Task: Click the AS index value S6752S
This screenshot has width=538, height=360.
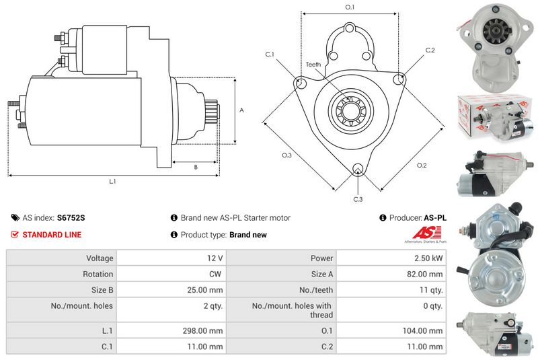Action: [x=71, y=217]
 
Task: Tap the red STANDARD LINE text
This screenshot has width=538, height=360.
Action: [x=52, y=235]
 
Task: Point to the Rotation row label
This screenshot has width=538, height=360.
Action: [x=98, y=274]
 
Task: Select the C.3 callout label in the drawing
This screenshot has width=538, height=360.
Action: [x=358, y=199]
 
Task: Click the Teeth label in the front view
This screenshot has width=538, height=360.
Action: [x=313, y=65]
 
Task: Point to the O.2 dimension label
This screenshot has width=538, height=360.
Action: [x=422, y=166]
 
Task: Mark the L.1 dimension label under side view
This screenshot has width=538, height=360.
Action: [x=112, y=181]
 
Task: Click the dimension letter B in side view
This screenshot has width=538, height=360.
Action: [x=196, y=167]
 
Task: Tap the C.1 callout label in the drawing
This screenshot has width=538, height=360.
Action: [x=270, y=55]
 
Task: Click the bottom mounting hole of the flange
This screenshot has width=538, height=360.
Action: [x=358, y=169]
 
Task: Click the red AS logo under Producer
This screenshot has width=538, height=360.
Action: [x=426, y=233]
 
